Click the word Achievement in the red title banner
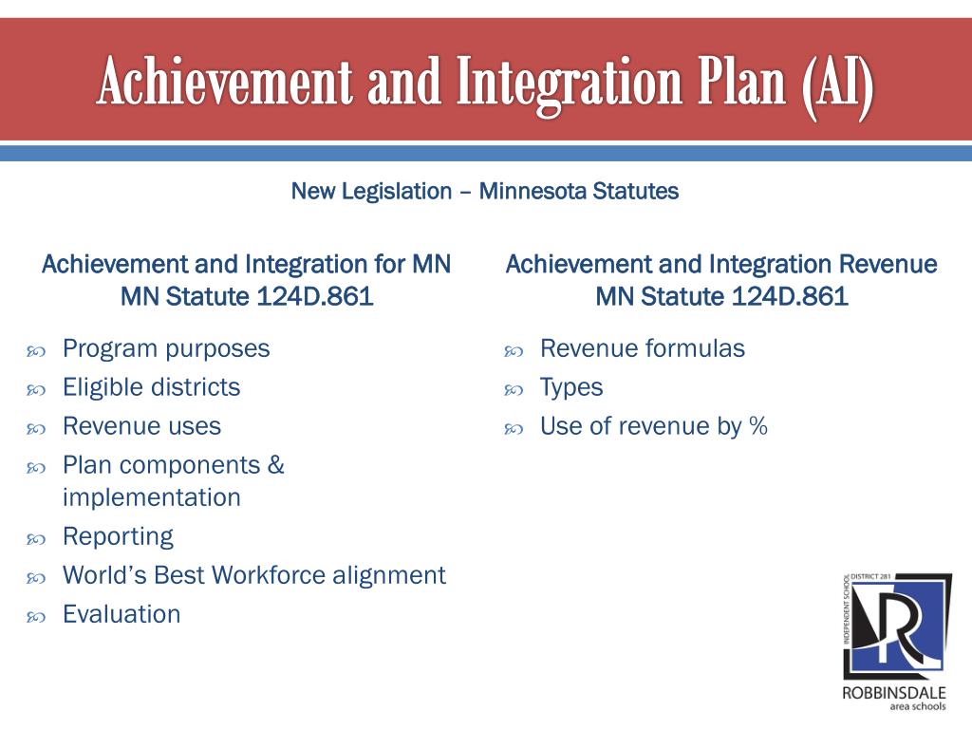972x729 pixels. point(225,82)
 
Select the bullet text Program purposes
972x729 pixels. point(166,349)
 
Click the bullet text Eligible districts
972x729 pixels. point(151,387)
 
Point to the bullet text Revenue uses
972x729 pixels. point(142,426)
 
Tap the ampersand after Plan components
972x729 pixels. point(276,465)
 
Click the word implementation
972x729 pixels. point(152,497)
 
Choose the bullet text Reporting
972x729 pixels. point(119,537)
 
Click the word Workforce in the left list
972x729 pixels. point(269,575)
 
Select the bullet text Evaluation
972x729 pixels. point(121,614)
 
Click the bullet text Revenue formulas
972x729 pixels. point(643,348)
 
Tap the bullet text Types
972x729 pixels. point(571,388)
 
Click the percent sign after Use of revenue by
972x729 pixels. point(758,426)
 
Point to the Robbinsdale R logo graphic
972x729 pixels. point(897,626)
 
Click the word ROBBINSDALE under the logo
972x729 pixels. point(894,692)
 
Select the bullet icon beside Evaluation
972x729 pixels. point(36,617)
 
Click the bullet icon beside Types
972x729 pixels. point(514,390)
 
